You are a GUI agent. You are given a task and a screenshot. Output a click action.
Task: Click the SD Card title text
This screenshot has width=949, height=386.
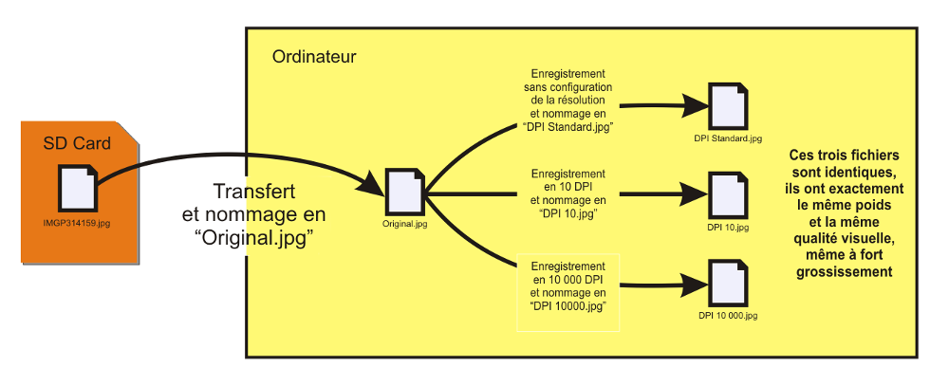(x=77, y=143)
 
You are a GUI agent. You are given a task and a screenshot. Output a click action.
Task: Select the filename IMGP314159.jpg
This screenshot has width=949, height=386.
(x=78, y=224)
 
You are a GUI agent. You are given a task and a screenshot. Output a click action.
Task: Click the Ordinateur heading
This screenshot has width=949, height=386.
(x=314, y=57)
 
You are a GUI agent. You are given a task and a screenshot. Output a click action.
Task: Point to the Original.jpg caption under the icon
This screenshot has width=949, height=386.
(x=405, y=225)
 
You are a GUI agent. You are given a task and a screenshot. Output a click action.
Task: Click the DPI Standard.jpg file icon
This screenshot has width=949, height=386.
(x=728, y=107)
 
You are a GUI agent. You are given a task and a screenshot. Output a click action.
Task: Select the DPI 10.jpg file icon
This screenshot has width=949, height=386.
(x=728, y=196)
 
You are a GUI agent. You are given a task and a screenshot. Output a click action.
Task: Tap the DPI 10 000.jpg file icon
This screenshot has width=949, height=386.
(x=728, y=282)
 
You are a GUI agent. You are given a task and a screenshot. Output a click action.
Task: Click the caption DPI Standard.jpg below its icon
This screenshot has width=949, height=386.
(x=728, y=138)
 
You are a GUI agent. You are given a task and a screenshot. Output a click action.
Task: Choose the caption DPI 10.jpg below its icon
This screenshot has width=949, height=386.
(x=728, y=228)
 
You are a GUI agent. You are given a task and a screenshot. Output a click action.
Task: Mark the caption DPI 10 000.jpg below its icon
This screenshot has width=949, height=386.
(x=728, y=314)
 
